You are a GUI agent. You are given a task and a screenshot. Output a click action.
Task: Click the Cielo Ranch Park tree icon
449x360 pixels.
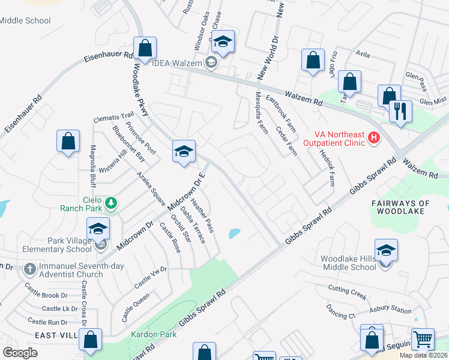(x=110, y=204)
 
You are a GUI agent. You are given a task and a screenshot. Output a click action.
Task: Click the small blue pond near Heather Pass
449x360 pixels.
(x=234, y=233)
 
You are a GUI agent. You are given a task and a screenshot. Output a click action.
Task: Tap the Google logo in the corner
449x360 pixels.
(x=20, y=352)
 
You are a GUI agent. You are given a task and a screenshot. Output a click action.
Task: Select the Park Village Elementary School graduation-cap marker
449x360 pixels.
(x=98, y=229)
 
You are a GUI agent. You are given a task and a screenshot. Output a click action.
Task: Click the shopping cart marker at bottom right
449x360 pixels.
(x=423, y=339)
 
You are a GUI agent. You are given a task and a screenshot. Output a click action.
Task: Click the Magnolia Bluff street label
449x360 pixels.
(x=93, y=165)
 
